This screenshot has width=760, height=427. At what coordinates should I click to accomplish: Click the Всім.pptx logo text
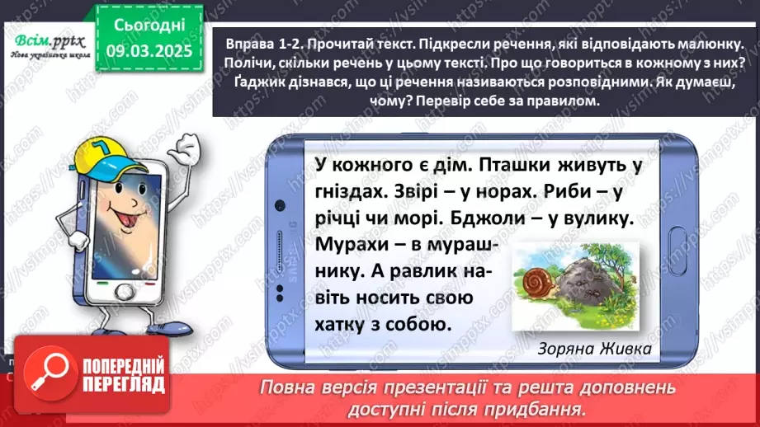pyautogui.click(x=46, y=41)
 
